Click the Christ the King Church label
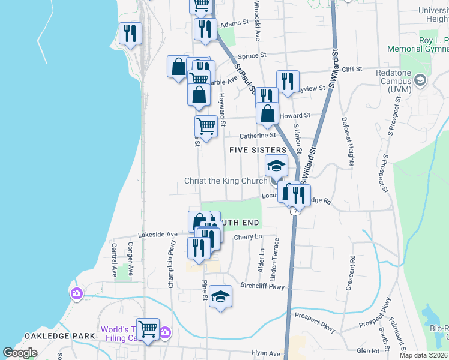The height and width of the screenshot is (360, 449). click(226, 181)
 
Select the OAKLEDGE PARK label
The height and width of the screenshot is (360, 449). click(59, 336)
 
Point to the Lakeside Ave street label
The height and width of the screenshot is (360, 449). click(158, 234)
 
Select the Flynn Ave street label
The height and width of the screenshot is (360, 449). click(266, 353)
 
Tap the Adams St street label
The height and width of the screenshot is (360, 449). click(234, 24)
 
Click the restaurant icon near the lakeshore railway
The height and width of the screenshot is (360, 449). click(130, 34)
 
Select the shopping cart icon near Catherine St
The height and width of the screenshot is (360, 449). click(206, 127)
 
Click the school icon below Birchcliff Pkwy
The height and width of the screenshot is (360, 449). click(221, 296)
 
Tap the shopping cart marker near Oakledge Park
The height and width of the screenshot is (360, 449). click(148, 329)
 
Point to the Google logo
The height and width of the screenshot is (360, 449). click(20, 353)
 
